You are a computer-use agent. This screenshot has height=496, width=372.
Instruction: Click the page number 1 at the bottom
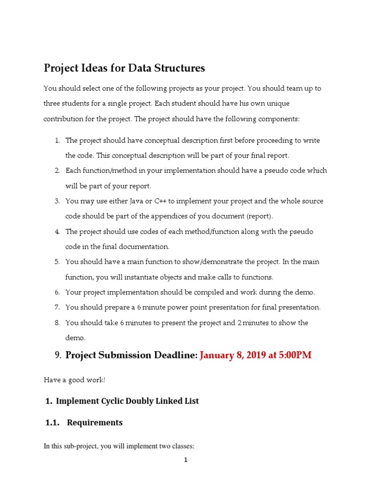tap(186, 460)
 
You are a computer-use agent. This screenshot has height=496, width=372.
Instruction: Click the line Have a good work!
tap(74, 380)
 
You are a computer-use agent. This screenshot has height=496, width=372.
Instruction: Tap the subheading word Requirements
tap(94, 422)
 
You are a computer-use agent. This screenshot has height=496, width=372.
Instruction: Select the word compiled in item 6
tap(222, 292)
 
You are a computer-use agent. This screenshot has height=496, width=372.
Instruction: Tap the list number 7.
tap(57, 307)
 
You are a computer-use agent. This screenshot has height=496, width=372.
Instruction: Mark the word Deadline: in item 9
tap(175, 355)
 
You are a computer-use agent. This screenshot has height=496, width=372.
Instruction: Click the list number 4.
tap(57, 232)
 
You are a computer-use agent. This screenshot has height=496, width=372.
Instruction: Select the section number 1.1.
tap(51, 422)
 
